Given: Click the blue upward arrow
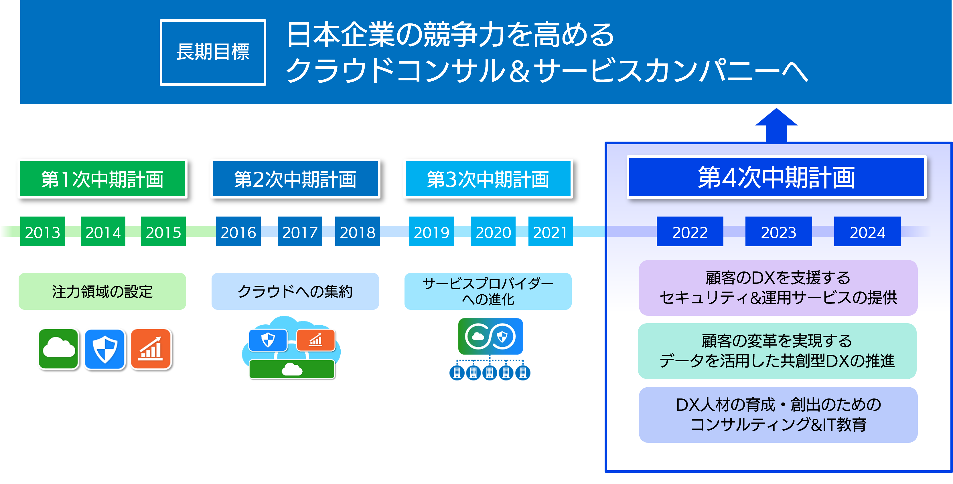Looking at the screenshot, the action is coord(776,125).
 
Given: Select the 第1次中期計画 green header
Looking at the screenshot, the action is coord(102,178).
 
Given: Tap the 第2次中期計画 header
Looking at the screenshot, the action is coord(295,178).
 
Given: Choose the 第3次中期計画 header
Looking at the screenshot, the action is coord(488,178).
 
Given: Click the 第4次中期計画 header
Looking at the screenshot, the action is coord(776,177).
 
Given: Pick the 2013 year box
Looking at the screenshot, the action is coord(43,231).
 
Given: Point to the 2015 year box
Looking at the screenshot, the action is coord(163,231).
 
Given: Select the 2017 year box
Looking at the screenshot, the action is coord(300,231).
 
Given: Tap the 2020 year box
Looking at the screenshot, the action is coord(493,231).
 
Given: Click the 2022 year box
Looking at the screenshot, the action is coord(690,231).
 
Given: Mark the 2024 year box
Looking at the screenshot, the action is coord(867,231).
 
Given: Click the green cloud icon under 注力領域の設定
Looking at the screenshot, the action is coord(58,349).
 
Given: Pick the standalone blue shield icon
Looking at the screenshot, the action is coord(105,349).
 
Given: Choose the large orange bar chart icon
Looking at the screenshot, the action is coord(151,349).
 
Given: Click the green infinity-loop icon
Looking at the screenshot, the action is coord(490,336).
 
